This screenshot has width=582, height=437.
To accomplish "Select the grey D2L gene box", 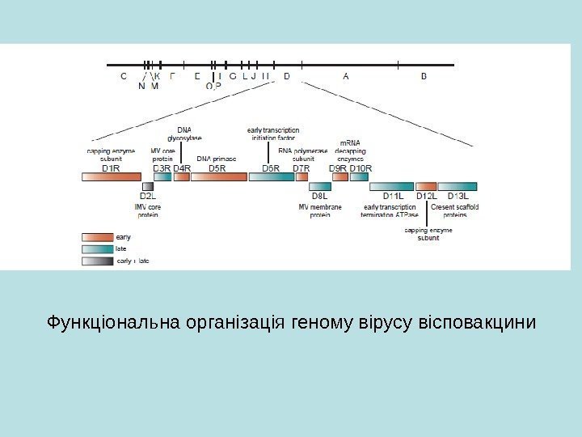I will click(x=148, y=186).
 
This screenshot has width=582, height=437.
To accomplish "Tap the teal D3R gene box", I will click(x=162, y=176).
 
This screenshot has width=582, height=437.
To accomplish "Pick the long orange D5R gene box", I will click(x=218, y=176).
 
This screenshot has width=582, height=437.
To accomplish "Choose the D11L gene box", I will click(x=392, y=186).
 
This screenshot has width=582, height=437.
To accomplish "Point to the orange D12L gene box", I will click(x=426, y=186).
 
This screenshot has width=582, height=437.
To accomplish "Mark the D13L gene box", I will click(x=458, y=186).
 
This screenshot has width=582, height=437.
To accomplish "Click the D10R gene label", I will click(x=361, y=168).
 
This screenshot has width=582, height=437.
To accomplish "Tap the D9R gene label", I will click(x=339, y=168).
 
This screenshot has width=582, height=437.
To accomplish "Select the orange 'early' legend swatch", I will click(x=97, y=236).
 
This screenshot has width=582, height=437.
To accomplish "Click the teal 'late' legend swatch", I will click(x=97, y=249).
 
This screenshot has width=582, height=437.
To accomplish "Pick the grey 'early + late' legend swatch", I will click(x=97, y=261).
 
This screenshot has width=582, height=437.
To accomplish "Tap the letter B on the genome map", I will click(x=425, y=77).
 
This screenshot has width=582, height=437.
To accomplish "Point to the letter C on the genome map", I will click(x=123, y=77).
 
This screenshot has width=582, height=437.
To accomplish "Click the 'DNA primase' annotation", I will click(x=217, y=159).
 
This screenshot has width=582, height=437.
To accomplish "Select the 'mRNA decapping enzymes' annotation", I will click(x=351, y=151).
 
